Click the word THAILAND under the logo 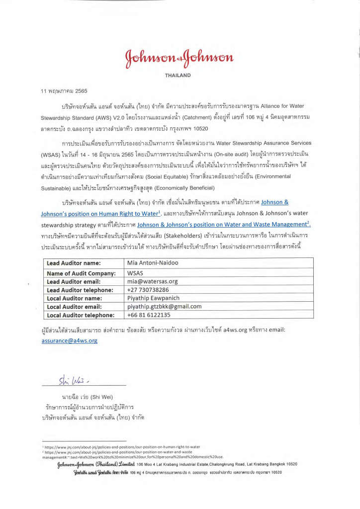(178, 76)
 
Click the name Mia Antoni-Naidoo (155, 263)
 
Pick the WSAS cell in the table (135, 273)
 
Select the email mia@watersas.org (153, 281)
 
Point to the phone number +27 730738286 (148, 290)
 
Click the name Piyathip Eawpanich (154, 298)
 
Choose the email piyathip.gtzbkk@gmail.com (165, 307)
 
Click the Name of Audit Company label (81, 273)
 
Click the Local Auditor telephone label (81, 315)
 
